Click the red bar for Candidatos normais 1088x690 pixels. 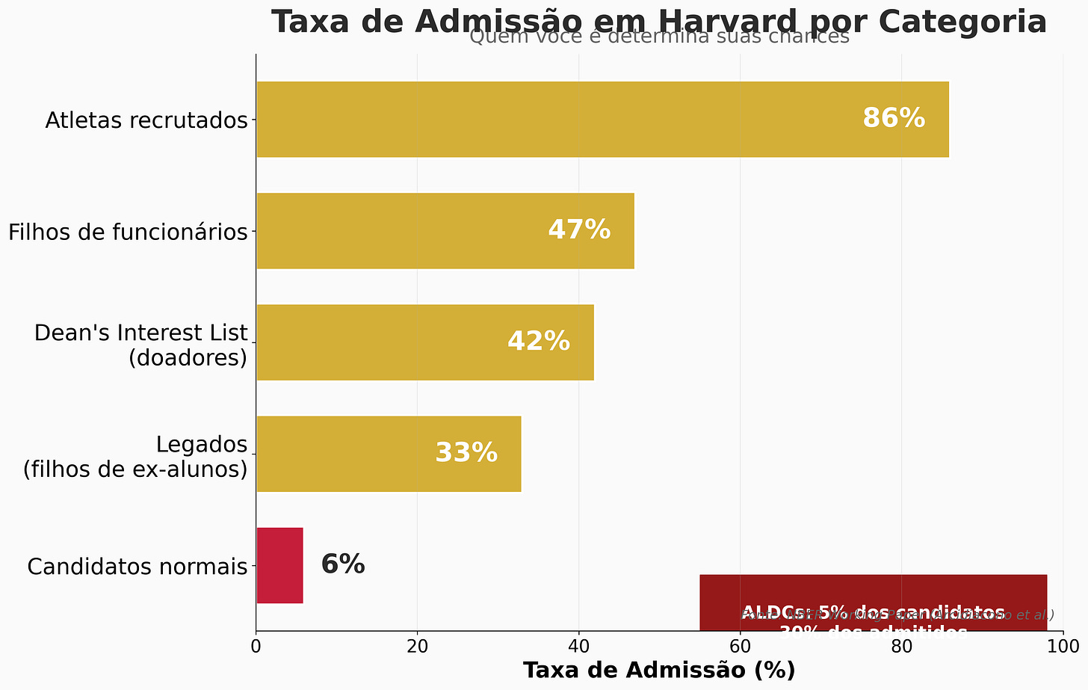click(279, 565)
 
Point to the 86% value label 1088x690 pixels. click(894, 119)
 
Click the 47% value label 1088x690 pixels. click(579, 230)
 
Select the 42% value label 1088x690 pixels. click(539, 342)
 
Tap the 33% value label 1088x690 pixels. click(466, 453)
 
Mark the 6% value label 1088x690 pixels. click(343, 564)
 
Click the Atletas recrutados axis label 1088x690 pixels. click(146, 120)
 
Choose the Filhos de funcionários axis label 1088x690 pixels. click(128, 232)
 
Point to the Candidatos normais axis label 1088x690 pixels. click(137, 567)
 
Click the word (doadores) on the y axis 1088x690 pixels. click(188, 358)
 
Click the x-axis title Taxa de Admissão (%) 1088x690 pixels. click(659, 671)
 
